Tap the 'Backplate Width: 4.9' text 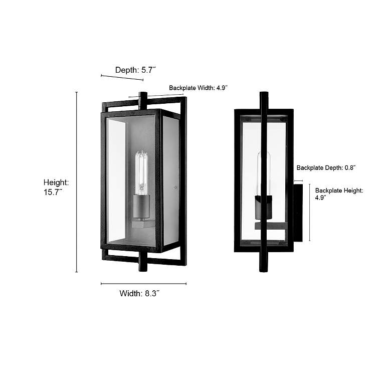pos(198,88)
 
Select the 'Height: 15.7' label pos(56,187)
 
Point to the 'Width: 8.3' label pos(139,293)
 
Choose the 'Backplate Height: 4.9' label pos(339,194)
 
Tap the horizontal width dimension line pos(143,284)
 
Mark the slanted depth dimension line pos(122,78)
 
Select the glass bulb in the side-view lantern pos(264,173)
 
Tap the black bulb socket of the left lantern pos(142,206)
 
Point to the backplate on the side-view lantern pos(298,213)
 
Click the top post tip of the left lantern pos(143,95)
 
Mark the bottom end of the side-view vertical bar pos(264,269)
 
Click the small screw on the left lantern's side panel pos(174,188)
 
